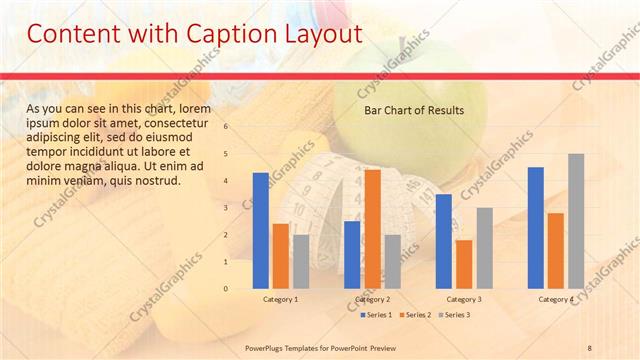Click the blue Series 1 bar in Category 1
261,231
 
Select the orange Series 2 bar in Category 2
372,229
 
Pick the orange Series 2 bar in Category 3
463,264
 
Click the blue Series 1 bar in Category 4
536,228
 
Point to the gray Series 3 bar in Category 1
301,262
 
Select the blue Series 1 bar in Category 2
352,255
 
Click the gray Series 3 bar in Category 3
484,248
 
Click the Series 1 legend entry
375,315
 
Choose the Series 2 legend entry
414,315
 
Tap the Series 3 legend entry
453,315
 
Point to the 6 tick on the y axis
227,127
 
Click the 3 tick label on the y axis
227,208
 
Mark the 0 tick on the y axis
227,289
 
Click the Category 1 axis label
280,299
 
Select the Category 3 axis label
463,299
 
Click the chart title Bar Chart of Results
413,110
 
